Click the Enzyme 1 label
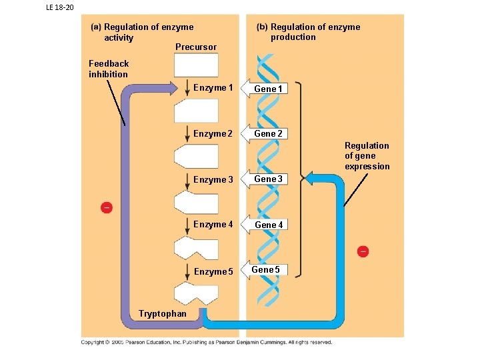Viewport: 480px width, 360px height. [x=213, y=88]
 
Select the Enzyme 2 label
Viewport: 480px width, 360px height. [x=213, y=134]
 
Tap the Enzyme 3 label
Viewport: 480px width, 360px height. [x=213, y=180]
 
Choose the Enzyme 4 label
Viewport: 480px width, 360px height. [x=213, y=225]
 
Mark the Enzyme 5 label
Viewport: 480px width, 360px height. [x=213, y=272]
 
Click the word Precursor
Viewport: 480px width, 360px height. [x=195, y=47]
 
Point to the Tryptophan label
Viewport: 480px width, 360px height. [x=163, y=313]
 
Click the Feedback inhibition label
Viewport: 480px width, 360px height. [x=109, y=69]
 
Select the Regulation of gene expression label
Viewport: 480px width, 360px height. [x=367, y=156]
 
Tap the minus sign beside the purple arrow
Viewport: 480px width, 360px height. [x=106, y=208]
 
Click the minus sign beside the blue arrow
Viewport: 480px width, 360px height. [x=363, y=251]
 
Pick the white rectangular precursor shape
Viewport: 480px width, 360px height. [x=196, y=65]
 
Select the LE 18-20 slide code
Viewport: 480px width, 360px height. [x=60, y=7]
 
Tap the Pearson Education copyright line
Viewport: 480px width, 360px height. [x=207, y=343]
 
